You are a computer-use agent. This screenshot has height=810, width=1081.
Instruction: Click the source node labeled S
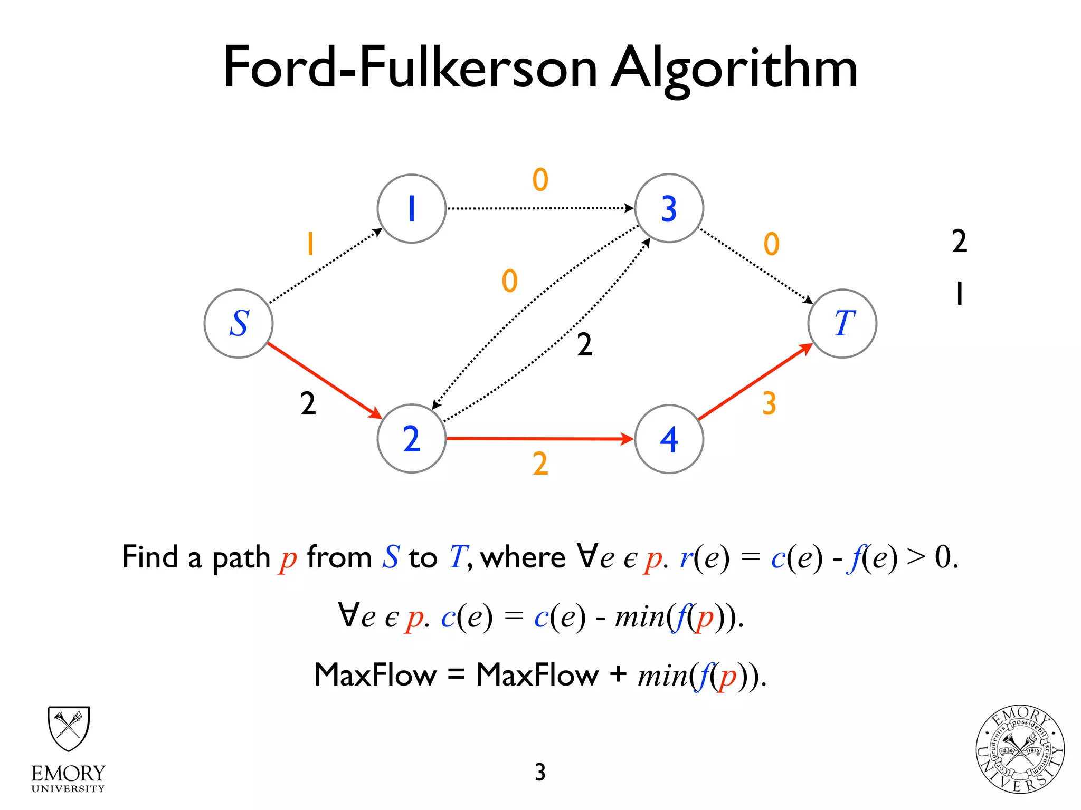point(239,323)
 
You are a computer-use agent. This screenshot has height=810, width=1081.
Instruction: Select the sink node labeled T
point(842,323)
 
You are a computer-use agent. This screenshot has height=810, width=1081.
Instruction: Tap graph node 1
point(412,208)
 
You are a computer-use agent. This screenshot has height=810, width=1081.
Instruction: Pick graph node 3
point(669,208)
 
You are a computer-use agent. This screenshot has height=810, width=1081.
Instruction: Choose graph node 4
point(669,439)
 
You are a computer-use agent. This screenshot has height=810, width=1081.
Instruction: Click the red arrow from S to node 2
point(323,380)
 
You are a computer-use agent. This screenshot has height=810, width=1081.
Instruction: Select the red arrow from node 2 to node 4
point(538,438)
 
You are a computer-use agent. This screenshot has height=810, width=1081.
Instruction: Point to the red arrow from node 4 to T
point(755,382)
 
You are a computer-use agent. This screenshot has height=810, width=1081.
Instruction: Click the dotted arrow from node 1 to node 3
point(538,208)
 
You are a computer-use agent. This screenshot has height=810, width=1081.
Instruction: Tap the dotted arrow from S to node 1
point(325,266)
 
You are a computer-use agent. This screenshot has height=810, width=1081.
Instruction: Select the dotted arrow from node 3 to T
point(755,265)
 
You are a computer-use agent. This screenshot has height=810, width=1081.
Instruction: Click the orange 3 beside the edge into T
point(769,403)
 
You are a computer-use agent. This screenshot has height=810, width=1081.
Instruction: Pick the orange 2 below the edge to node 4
point(540,464)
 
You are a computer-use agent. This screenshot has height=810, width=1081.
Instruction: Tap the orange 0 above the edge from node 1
point(540,180)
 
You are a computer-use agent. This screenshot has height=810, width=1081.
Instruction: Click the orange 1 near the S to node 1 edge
point(310,244)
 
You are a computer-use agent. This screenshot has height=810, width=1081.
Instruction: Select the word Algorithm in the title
point(734,69)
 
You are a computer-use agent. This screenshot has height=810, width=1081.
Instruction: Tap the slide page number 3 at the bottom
point(540,772)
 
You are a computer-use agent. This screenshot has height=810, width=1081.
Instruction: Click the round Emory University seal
point(1020,749)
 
